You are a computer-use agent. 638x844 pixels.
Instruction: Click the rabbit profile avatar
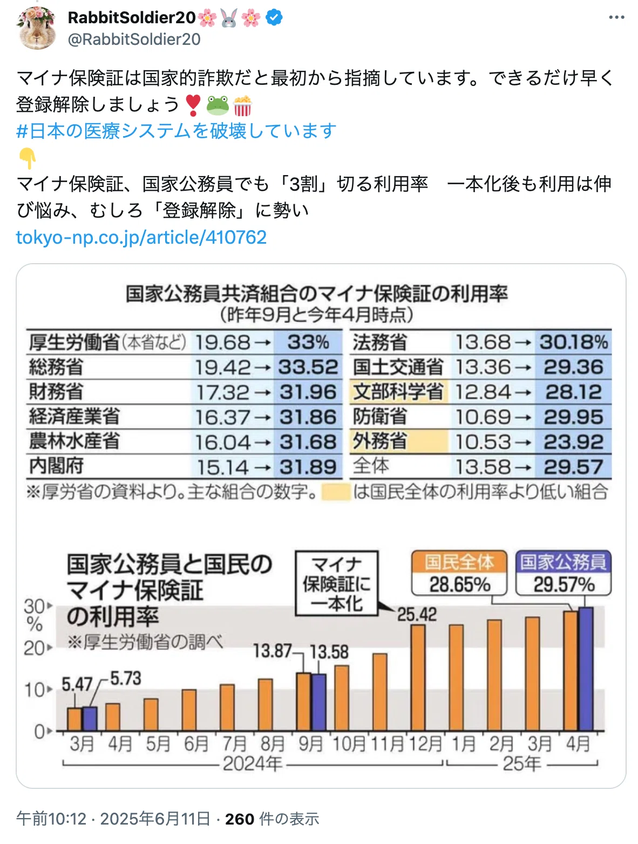(x=37, y=29)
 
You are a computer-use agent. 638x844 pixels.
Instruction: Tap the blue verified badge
(x=274, y=18)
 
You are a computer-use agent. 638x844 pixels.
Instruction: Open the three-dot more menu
(x=616, y=17)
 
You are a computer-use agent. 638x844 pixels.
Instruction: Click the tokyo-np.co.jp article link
(x=141, y=237)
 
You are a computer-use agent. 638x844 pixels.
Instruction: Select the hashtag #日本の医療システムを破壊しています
(x=177, y=131)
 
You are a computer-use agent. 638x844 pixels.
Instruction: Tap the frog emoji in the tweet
(x=218, y=105)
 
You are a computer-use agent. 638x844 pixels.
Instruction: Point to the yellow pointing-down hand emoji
(x=27, y=158)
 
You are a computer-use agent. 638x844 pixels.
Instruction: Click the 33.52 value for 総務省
(x=308, y=367)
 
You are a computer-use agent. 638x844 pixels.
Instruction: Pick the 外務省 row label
(x=380, y=441)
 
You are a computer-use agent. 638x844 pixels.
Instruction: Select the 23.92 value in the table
(x=573, y=442)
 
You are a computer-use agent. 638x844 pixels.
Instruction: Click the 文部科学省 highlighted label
(x=398, y=391)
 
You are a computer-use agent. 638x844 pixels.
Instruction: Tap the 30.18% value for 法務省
(x=573, y=342)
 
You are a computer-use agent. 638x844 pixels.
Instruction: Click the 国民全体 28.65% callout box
(x=459, y=573)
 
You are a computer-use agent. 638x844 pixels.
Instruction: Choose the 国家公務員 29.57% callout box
(x=563, y=573)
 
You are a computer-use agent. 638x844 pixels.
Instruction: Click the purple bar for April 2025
(x=586, y=669)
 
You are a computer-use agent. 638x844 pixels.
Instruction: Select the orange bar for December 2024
(x=418, y=678)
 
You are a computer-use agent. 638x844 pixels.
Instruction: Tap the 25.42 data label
(x=417, y=614)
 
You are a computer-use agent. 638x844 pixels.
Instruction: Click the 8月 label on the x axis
(x=273, y=744)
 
